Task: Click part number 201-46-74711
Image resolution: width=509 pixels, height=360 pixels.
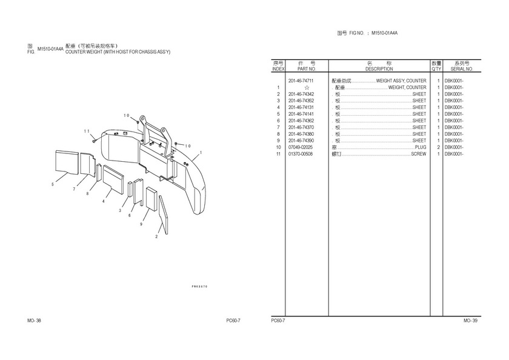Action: (x=301, y=81)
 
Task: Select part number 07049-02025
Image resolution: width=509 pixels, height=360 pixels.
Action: (x=301, y=147)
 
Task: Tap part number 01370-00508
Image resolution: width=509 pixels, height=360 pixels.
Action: (x=301, y=154)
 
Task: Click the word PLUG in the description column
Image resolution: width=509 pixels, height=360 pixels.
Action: (x=421, y=147)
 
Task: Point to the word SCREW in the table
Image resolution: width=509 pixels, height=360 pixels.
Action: (x=419, y=154)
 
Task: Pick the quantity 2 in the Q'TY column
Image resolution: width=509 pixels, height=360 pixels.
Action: (x=437, y=147)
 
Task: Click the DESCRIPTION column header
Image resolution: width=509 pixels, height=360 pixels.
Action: (x=379, y=69)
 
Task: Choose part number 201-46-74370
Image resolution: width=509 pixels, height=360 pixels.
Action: (x=301, y=127)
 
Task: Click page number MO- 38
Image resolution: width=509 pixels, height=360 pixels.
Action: (x=34, y=320)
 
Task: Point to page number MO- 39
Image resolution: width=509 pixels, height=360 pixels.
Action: (x=470, y=320)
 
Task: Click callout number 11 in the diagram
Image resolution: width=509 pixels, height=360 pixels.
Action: (x=87, y=131)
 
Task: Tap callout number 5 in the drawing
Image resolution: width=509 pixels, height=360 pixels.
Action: (x=53, y=184)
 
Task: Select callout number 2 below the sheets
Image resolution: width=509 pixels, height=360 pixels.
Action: (x=156, y=236)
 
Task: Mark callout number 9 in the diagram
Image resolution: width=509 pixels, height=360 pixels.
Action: (x=141, y=224)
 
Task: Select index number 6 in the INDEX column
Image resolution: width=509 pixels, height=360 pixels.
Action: (x=278, y=121)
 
